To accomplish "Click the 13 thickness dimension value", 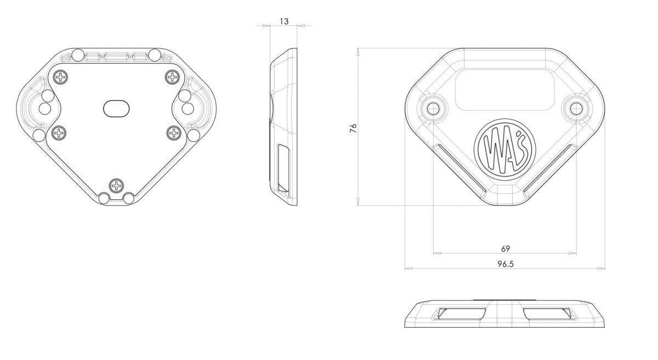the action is pyautogui.click(x=284, y=21).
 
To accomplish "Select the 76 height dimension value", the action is pyautogui.click(x=353, y=128).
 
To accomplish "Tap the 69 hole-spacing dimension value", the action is pyautogui.click(x=505, y=249).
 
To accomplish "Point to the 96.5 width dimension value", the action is pyautogui.click(x=506, y=264).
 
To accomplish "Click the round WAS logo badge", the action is pyautogui.click(x=504, y=150).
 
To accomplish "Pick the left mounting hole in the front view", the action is pyautogui.click(x=433, y=109).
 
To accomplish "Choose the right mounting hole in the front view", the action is pyautogui.click(x=576, y=109).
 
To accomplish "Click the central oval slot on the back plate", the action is pyautogui.click(x=116, y=108).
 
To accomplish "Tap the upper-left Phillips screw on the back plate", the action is pyautogui.click(x=61, y=77).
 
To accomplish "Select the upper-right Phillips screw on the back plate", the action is pyautogui.click(x=172, y=77).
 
